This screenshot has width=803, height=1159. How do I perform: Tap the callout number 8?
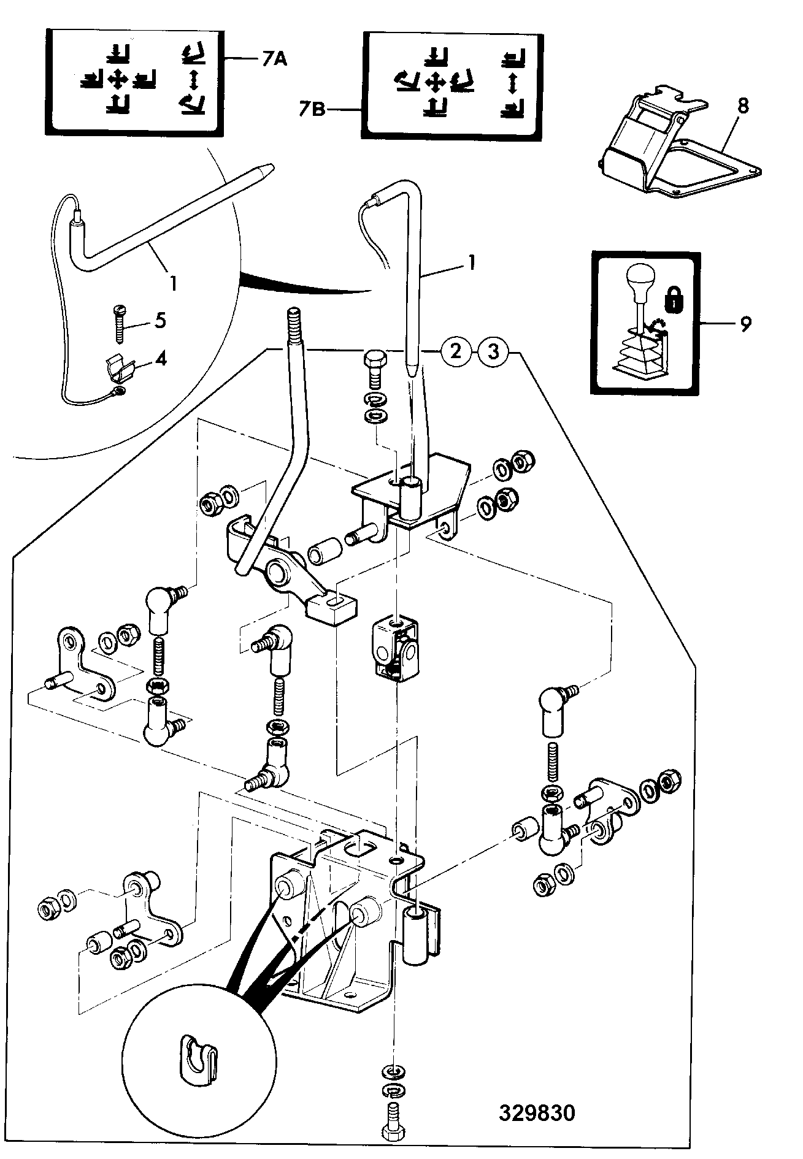tap(743, 105)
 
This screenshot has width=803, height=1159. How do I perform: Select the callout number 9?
tap(745, 323)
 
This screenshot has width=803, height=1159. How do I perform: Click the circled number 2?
tap(456, 352)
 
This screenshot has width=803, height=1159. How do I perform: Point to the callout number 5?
tap(160, 320)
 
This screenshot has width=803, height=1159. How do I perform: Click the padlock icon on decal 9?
tap(673, 299)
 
